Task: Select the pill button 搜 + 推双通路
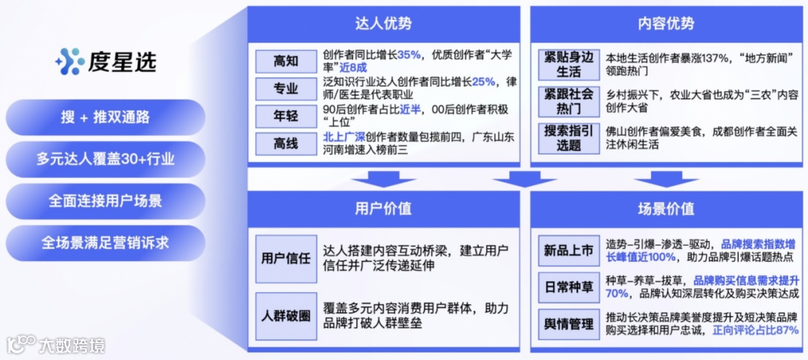coord(105,117)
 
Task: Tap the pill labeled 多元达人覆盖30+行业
coord(105,159)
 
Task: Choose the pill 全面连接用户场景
coord(105,202)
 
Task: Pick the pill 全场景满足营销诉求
coord(105,244)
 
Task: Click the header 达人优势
coord(383,24)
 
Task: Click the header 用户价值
coord(383,209)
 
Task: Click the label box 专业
coord(286,89)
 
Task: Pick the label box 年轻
coord(286,116)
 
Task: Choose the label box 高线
coord(286,143)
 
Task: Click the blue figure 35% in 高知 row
coord(409,55)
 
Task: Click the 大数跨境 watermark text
coord(72,347)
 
